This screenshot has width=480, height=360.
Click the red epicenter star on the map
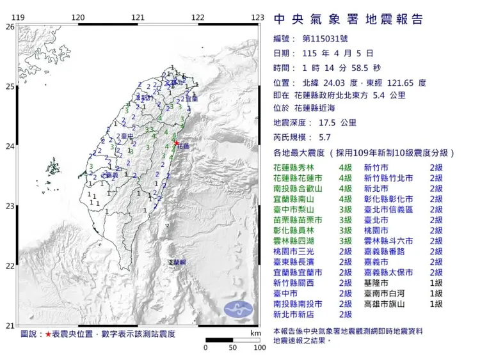coord(176,143)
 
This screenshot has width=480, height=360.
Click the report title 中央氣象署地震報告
coord(348,19)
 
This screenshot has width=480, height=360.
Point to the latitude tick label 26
coord(9,27)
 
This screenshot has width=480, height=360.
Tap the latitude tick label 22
coord(9,266)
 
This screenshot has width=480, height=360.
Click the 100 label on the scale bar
coord(259,348)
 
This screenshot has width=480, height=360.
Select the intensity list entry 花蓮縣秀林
coord(294,167)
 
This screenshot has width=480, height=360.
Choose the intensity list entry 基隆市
coord(378,282)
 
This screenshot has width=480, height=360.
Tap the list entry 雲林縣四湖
coord(294,240)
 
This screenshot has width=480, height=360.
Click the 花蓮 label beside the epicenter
coord(184,146)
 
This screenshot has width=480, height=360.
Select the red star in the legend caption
coord(48,334)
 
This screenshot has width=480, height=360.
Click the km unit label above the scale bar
coord(256,334)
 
